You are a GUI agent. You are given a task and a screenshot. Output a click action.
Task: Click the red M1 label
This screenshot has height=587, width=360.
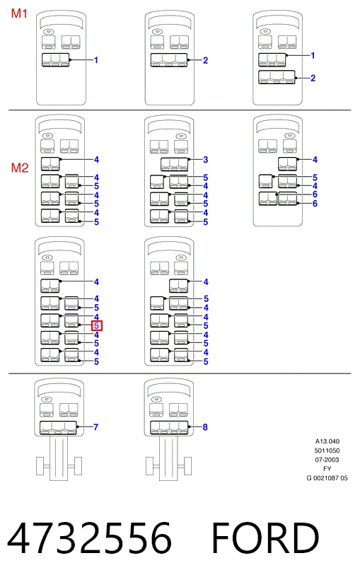click(19, 14)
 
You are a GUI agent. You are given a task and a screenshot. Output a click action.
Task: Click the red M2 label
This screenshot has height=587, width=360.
click(20, 168)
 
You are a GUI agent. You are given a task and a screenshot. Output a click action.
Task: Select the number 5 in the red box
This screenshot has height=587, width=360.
click(97, 326)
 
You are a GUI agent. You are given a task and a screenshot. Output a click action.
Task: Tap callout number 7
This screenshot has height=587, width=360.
click(95, 426)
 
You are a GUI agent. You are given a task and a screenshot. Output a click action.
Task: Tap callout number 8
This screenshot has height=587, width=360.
click(205, 426)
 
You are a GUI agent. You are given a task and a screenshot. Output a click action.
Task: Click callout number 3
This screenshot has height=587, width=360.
click(205, 159)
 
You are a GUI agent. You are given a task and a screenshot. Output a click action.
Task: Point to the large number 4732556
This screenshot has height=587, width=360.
click(89, 537)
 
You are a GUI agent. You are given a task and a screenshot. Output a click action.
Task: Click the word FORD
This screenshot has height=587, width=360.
click(265, 537)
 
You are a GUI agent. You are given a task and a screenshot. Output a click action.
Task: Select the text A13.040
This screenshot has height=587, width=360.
click(327, 441)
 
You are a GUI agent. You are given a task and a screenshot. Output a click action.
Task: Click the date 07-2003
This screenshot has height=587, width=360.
click(327, 460)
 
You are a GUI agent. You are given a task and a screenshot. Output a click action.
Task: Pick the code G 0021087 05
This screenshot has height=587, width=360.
click(327, 478)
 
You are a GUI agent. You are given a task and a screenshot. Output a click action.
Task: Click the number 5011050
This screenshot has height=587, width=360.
click(327, 451)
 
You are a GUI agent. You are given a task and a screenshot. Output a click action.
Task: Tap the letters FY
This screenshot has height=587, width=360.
click(327, 469)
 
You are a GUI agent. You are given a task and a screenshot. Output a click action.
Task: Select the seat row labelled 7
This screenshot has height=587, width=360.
click(58, 428)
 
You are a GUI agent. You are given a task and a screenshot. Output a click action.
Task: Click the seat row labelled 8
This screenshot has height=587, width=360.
click(169, 428)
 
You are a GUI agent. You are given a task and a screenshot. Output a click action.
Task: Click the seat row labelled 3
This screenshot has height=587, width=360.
click(175, 164)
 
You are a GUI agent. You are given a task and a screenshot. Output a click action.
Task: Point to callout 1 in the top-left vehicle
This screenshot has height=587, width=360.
click(96, 60)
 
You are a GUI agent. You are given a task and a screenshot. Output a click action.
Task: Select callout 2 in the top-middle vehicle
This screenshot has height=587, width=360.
click(205, 60)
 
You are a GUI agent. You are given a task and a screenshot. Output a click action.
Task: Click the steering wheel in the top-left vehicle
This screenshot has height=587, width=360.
click(48, 32)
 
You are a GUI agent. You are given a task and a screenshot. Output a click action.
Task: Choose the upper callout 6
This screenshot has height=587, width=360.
click(315, 194)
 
